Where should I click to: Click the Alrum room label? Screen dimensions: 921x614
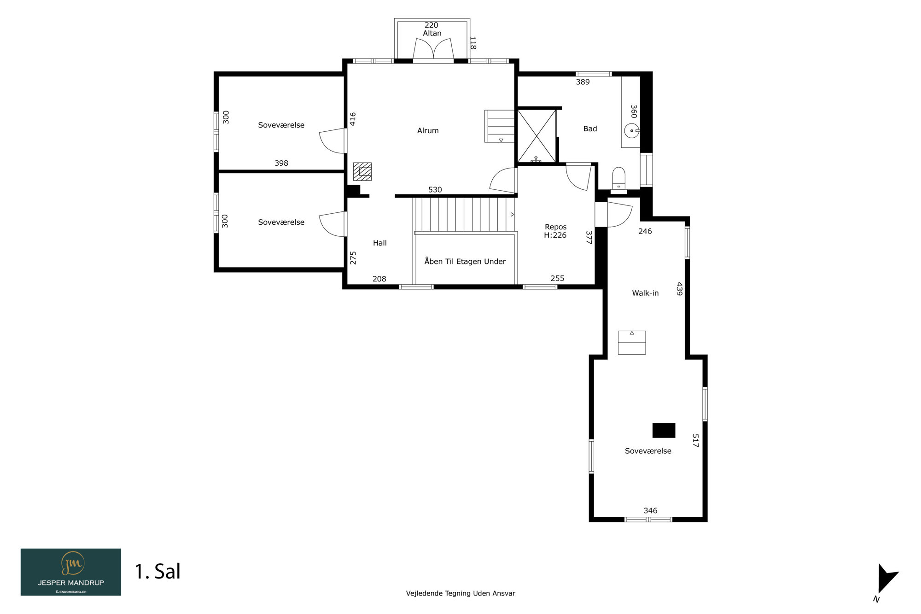(428, 131)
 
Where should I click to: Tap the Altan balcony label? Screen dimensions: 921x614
(432, 33)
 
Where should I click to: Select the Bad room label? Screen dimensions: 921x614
(590, 129)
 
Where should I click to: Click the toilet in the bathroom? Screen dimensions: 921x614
(618, 179)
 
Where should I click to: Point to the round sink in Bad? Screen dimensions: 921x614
(631, 131)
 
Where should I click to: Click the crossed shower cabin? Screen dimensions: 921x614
(537, 136)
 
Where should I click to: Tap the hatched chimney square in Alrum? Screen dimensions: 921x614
(362, 172)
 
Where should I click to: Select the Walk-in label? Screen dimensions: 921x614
(645, 293)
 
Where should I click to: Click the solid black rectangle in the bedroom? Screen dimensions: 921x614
(664, 430)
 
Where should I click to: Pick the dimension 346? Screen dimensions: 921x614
(650, 510)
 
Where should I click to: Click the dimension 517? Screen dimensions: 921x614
(695, 441)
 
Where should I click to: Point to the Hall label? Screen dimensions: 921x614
(380, 243)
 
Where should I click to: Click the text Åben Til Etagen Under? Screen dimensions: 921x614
(465, 261)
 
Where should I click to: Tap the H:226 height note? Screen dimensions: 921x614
(555, 235)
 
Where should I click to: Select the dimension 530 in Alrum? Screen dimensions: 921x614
(435, 190)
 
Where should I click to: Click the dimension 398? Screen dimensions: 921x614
(281, 163)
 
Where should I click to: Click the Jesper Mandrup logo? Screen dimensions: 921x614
(71, 572)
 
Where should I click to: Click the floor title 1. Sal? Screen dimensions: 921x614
(157, 572)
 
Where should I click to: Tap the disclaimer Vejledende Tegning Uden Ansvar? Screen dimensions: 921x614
(460, 593)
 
